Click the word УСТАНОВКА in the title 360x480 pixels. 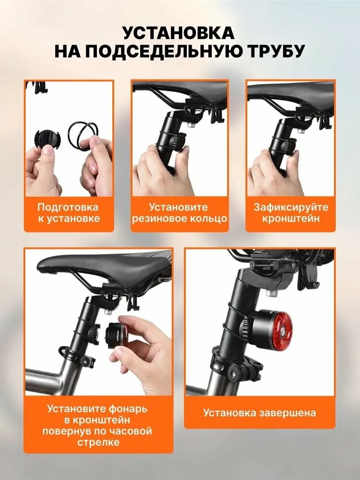click(179, 33)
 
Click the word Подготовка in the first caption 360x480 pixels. click(68, 207)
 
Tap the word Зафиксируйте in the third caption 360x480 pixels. click(291, 207)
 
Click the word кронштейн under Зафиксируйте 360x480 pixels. click(291, 218)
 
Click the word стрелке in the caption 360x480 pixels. click(98, 443)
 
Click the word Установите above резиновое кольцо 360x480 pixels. click(178, 207)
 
